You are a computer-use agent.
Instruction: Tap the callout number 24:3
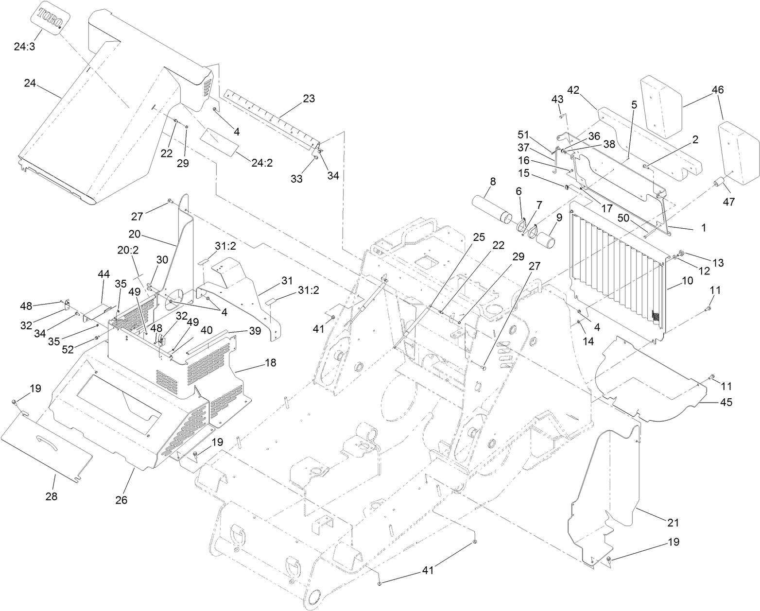pos(25,47)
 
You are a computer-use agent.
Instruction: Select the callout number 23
pos(309,99)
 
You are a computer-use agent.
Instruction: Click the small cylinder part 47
pos(719,186)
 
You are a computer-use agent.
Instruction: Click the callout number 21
pos(673,523)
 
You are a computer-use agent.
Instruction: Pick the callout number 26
pos(121,499)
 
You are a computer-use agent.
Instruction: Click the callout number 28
pos(51,496)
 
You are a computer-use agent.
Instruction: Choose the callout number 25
pos(479,238)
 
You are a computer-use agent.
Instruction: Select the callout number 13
pos(718,263)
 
